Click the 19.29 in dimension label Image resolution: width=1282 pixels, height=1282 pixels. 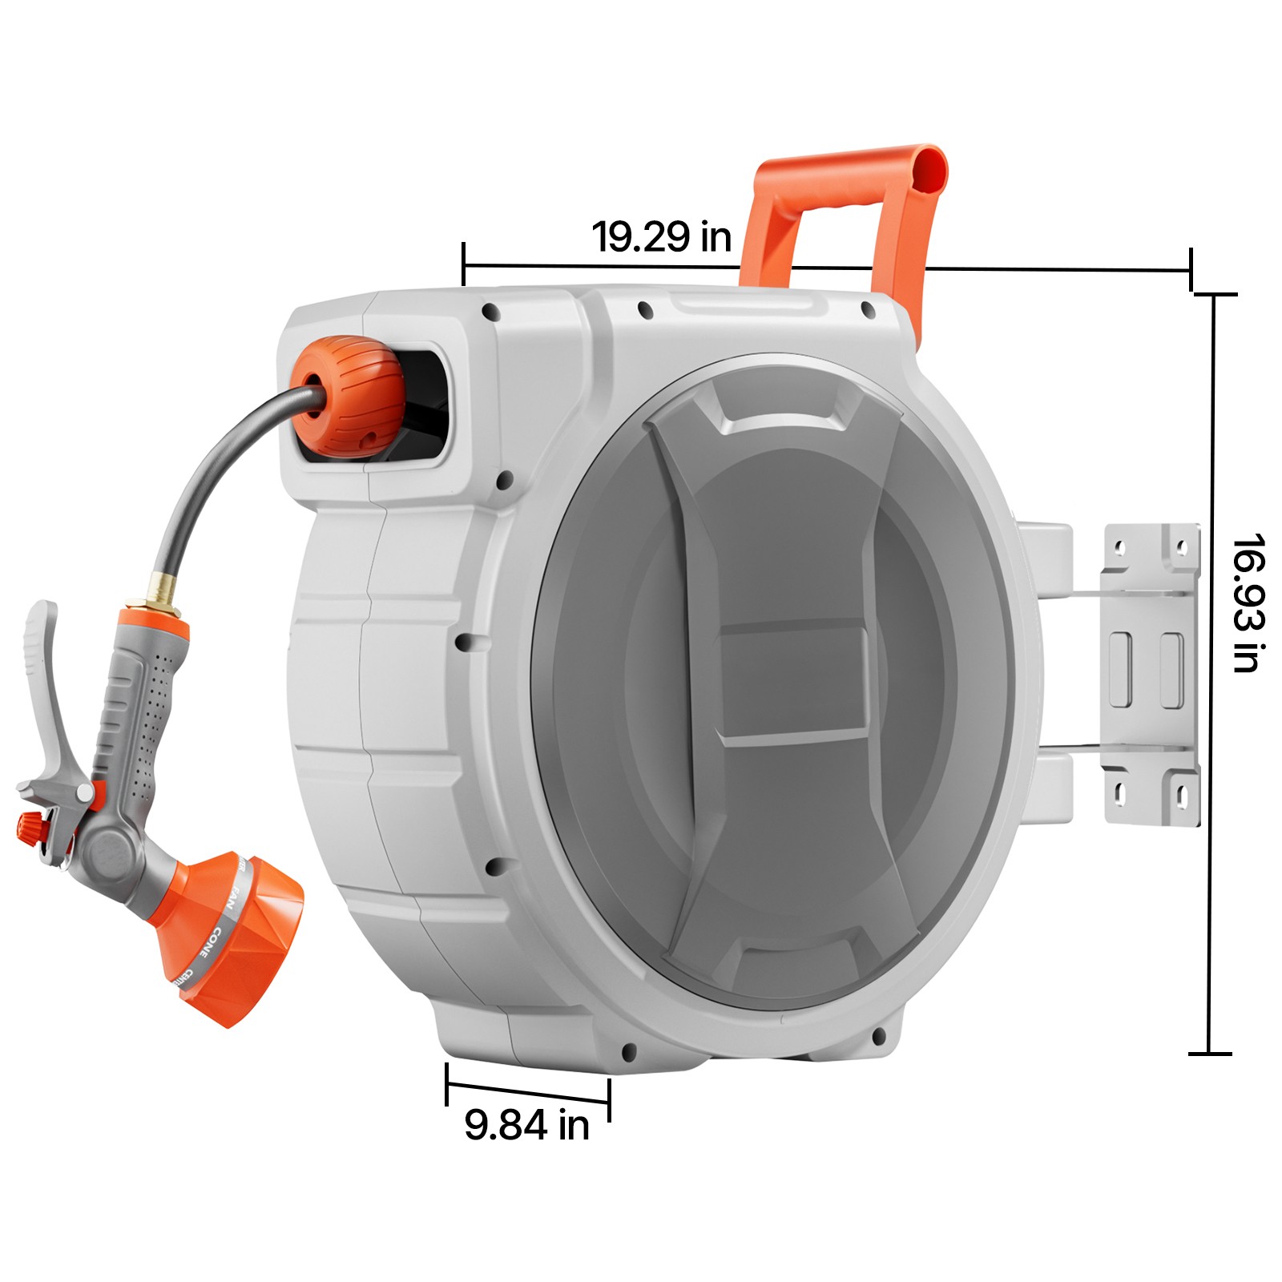[661, 237]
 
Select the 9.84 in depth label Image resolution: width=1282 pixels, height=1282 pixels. [526, 1124]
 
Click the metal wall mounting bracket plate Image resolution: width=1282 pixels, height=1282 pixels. [1151, 673]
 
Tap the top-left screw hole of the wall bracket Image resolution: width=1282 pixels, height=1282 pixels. [1120, 549]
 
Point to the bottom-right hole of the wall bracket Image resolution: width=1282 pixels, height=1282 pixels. [1181, 795]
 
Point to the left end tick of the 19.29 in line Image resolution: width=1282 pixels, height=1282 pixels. [463, 264]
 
